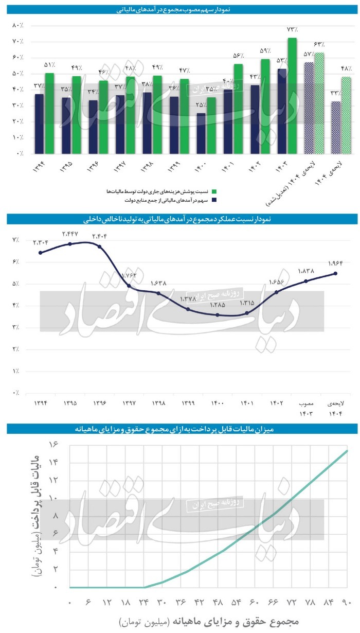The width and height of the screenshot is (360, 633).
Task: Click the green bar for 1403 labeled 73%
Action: [292, 96]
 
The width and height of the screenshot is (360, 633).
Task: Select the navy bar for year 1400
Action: [201, 133]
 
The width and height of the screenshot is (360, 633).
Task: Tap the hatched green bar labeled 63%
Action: [319, 103]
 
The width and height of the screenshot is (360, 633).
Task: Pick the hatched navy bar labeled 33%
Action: [336, 127]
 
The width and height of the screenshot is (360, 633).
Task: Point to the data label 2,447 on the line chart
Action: [69, 234]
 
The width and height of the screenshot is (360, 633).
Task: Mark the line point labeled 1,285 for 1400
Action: [218, 315]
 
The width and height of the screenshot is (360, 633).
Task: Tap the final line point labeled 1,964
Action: [336, 273]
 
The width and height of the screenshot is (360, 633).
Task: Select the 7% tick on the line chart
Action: [16, 240]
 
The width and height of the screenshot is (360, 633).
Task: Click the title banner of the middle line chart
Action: [179, 219]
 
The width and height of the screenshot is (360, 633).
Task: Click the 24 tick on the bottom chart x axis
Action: [145, 602]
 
